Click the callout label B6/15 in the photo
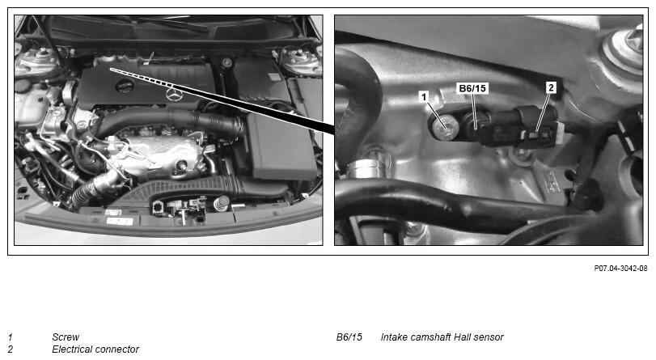pos(472,88)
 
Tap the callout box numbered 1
pos(424,97)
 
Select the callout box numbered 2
pos(551,87)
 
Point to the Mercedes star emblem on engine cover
pos(173,94)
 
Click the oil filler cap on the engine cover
pos(125,86)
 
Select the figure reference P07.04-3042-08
pos(620,269)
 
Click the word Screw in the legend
pos(66,337)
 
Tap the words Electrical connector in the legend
pos(95,349)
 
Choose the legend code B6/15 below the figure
pos(349,337)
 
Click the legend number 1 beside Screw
pos(11,337)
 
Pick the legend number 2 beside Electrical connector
pos(11,349)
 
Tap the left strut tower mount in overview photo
pos(42,58)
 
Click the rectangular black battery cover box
pos(281,146)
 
